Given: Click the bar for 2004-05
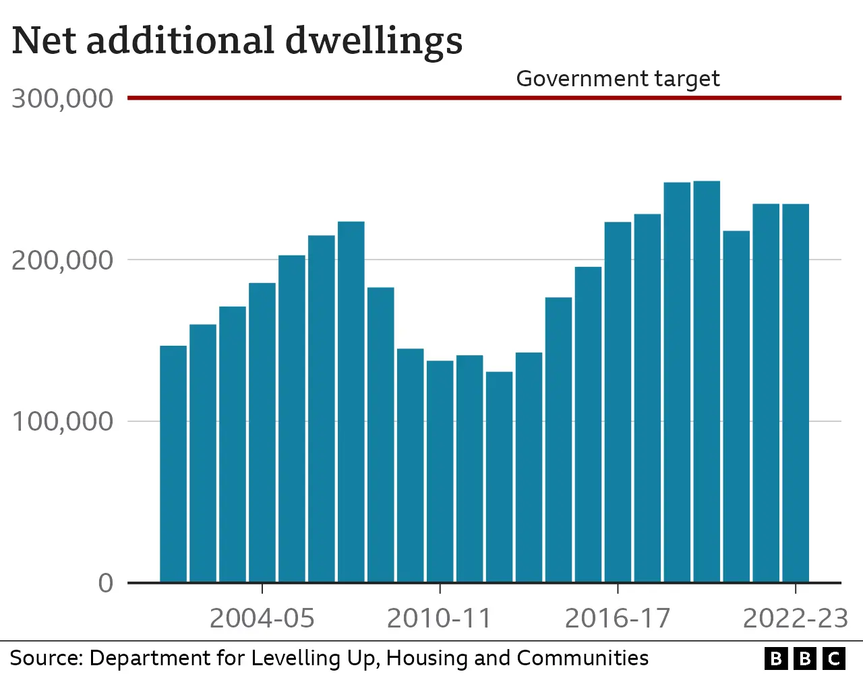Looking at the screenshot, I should pos(262,431).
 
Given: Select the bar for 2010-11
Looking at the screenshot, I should pos(440,471).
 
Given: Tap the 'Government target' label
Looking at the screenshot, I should pos(618,79).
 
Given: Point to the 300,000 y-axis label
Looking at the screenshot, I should pos(62,99).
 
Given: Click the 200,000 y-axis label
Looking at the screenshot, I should pos(62,260).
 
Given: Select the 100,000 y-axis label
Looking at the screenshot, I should pos(62,422).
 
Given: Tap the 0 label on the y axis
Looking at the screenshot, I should pos(106,583).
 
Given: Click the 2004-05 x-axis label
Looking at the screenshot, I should pos(262,618).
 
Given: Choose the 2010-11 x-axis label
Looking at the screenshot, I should pos(440,618).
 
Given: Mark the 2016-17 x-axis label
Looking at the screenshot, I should pos(618,618).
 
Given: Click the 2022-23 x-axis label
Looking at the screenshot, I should pos(795,618).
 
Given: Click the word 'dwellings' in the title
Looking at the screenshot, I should pos(374,40).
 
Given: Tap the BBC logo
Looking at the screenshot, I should pos(804,658).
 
